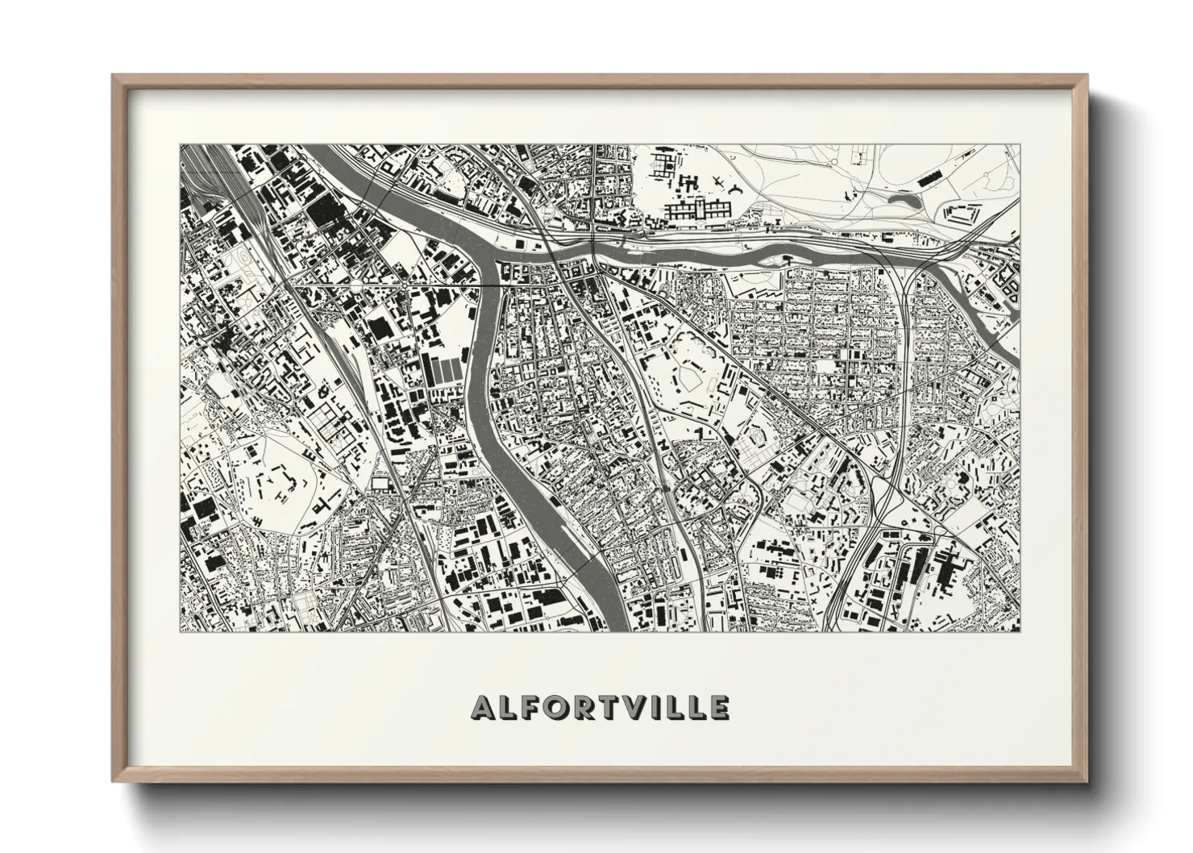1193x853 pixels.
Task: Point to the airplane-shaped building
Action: point(716,185)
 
